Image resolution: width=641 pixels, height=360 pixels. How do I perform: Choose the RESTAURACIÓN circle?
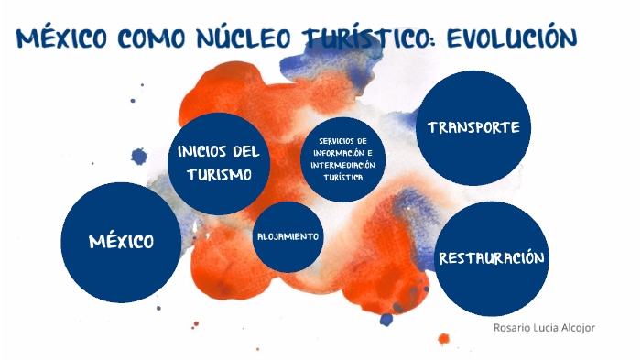[492, 259]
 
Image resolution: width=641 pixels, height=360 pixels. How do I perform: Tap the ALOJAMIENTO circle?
[288, 236]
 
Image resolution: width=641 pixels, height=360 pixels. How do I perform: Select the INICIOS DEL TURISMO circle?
[219, 162]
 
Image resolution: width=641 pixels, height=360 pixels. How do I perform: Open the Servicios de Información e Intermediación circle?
[343, 158]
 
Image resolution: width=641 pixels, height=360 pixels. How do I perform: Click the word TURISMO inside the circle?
[219, 174]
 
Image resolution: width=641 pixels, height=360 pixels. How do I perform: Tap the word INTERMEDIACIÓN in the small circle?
[343, 165]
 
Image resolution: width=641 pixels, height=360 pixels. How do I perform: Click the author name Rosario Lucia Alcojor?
[544, 326]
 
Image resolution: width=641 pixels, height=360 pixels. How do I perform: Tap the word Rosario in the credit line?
[508, 326]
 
